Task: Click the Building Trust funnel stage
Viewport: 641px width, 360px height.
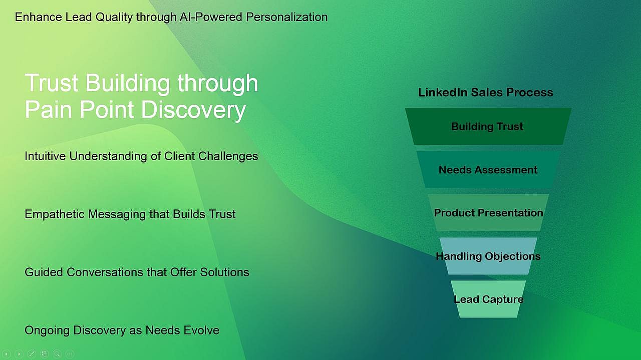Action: click(x=487, y=127)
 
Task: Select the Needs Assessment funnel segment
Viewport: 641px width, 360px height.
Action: click(x=488, y=170)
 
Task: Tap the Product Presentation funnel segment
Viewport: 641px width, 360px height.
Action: click(x=488, y=213)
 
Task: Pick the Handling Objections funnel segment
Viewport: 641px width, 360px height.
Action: click(x=488, y=256)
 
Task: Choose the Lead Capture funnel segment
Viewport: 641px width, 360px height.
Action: click(x=488, y=299)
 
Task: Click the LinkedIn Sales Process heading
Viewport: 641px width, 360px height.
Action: click(x=485, y=93)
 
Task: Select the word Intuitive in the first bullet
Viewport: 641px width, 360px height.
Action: click(x=45, y=156)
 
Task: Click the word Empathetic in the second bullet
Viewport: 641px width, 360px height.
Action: click(x=55, y=214)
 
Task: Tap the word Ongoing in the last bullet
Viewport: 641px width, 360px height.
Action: click(x=47, y=330)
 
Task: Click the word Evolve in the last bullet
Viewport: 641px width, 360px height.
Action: click(x=202, y=330)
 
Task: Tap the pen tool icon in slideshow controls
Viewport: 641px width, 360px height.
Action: click(x=32, y=354)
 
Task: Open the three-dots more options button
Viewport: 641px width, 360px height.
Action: click(x=70, y=354)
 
